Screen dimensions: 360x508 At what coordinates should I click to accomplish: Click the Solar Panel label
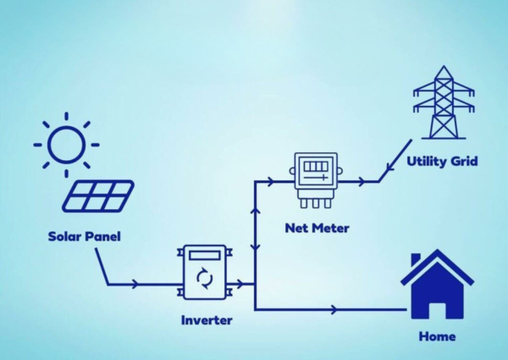point(84,236)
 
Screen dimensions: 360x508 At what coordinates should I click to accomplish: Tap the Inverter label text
point(206,320)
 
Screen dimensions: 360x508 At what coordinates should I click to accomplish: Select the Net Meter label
point(317,228)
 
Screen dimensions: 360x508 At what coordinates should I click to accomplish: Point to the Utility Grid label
point(441,161)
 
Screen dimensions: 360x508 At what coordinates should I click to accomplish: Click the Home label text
point(437,336)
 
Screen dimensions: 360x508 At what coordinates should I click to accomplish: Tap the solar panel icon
point(98,197)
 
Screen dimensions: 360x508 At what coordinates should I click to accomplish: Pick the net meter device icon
point(316,179)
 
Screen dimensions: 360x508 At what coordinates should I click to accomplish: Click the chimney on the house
point(416,259)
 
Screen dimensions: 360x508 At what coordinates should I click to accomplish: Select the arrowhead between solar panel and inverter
point(137,285)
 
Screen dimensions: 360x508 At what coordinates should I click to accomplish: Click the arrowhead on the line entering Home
point(339,309)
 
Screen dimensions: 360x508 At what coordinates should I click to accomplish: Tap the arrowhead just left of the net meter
point(269,180)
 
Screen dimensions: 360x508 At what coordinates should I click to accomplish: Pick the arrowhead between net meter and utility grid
point(362,180)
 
